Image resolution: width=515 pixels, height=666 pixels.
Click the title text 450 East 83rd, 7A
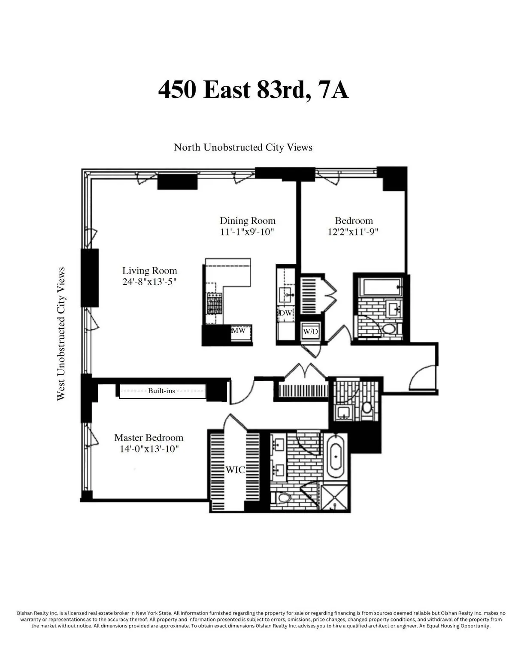[x=253, y=90]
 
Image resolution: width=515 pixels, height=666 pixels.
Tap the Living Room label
[x=149, y=271]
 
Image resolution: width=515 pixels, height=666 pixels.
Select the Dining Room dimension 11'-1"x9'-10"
[x=247, y=232]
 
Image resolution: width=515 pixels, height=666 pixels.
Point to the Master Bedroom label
[x=148, y=438]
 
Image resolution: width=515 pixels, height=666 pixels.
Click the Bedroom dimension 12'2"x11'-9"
[x=353, y=232]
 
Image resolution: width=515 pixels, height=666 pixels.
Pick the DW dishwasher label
[x=285, y=313]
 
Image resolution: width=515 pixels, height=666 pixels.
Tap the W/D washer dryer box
[x=310, y=331]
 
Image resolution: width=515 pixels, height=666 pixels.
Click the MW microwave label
[x=238, y=331]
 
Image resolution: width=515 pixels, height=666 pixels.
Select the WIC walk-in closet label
[x=235, y=470]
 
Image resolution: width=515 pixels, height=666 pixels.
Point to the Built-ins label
[x=161, y=391]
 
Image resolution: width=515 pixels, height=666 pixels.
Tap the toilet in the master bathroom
[x=283, y=498]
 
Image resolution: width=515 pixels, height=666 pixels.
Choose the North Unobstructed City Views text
[x=243, y=147]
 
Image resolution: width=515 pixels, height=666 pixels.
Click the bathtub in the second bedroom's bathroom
[x=378, y=286]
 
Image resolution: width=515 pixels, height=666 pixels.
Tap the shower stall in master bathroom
[x=336, y=497]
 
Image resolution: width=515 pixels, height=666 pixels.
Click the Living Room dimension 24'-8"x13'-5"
[x=149, y=282]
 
